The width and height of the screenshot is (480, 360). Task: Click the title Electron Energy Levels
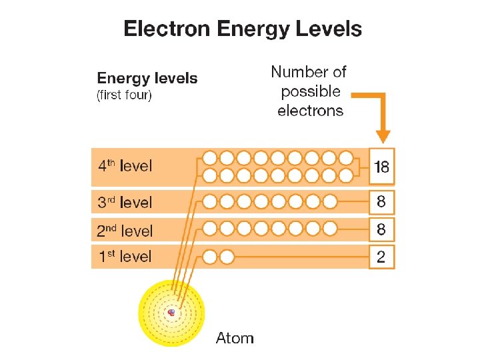click(243, 30)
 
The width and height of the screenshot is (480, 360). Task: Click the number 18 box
click(382, 166)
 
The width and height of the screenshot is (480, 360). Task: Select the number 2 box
click(381, 257)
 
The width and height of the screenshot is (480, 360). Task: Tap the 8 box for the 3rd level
click(381, 201)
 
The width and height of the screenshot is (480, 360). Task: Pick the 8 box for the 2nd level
click(381, 229)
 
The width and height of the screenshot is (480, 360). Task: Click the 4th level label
click(125, 166)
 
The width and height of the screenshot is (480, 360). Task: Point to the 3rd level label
click(125, 202)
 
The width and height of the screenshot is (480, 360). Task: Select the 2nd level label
click(125, 231)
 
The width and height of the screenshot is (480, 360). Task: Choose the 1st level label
click(125, 257)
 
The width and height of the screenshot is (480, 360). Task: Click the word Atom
click(235, 338)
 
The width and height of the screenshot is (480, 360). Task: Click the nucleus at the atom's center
click(172, 312)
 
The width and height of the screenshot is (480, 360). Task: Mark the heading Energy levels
click(147, 79)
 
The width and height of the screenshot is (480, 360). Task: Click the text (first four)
click(125, 95)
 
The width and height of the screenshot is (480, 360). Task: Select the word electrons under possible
click(310, 111)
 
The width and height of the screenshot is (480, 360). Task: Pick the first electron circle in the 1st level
click(210, 257)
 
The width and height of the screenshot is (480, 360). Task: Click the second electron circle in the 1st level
click(227, 257)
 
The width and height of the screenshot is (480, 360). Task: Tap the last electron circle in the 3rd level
click(329, 201)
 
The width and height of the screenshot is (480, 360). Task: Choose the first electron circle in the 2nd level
click(210, 229)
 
